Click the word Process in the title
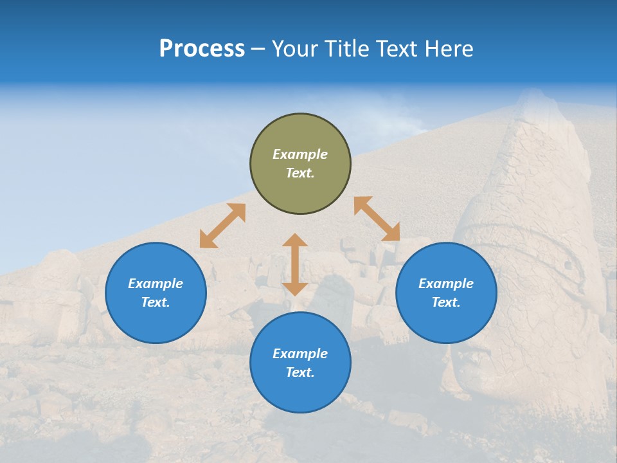click(x=202, y=49)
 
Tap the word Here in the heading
click(x=449, y=49)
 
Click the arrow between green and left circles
click(x=222, y=226)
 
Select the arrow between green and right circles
click(x=377, y=219)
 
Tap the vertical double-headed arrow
click(x=295, y=264)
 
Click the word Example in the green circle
click(x=300, y=154)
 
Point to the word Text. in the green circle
click(x=300, y=173)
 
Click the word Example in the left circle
click(x=156, y=284)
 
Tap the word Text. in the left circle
click(x=156, y=302)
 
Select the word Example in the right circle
click(x=446, y=284)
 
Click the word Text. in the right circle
click(x=446, y=302)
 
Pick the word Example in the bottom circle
click(x=300, y=354)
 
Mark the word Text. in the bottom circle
click(x=300, y=372)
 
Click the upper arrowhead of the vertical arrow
click(x=295, y=241)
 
